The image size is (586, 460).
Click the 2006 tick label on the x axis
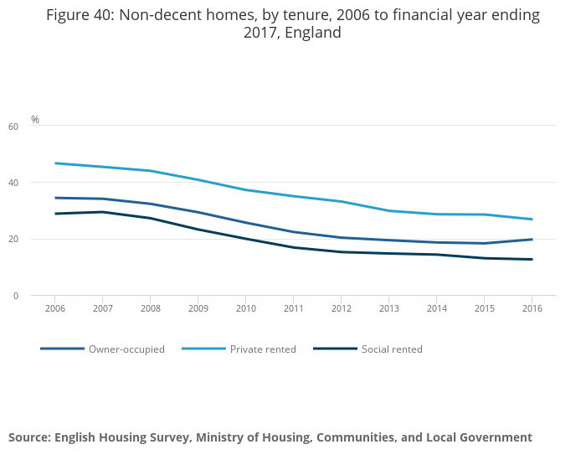(54, 308)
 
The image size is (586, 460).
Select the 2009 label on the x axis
(198, 308)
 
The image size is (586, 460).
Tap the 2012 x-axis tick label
(341, 308)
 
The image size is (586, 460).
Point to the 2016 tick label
(532, 308)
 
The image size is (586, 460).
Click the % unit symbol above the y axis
(35, 120)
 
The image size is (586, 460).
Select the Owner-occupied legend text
(126, 349)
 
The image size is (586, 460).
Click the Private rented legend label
(263, 349)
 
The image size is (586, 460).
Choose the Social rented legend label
(392, 349)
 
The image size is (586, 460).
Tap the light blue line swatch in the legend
(203, 349)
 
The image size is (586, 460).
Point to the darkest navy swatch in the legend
(335, 349)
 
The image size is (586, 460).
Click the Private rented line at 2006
(54, 163)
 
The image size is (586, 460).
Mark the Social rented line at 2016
(532, 260)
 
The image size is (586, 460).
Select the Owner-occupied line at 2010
(245, 223)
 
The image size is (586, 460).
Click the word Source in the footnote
(29, 437)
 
